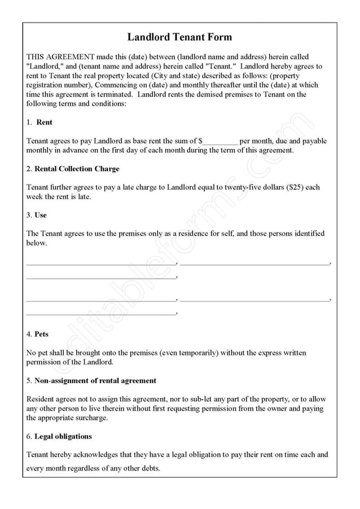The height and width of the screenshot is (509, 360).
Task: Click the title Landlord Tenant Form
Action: (179, 38)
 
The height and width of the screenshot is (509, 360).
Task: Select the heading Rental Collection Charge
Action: (77, 169)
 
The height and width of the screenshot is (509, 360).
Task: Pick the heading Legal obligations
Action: (63, 436)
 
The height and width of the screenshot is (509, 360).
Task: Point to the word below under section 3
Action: (36, 243)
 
